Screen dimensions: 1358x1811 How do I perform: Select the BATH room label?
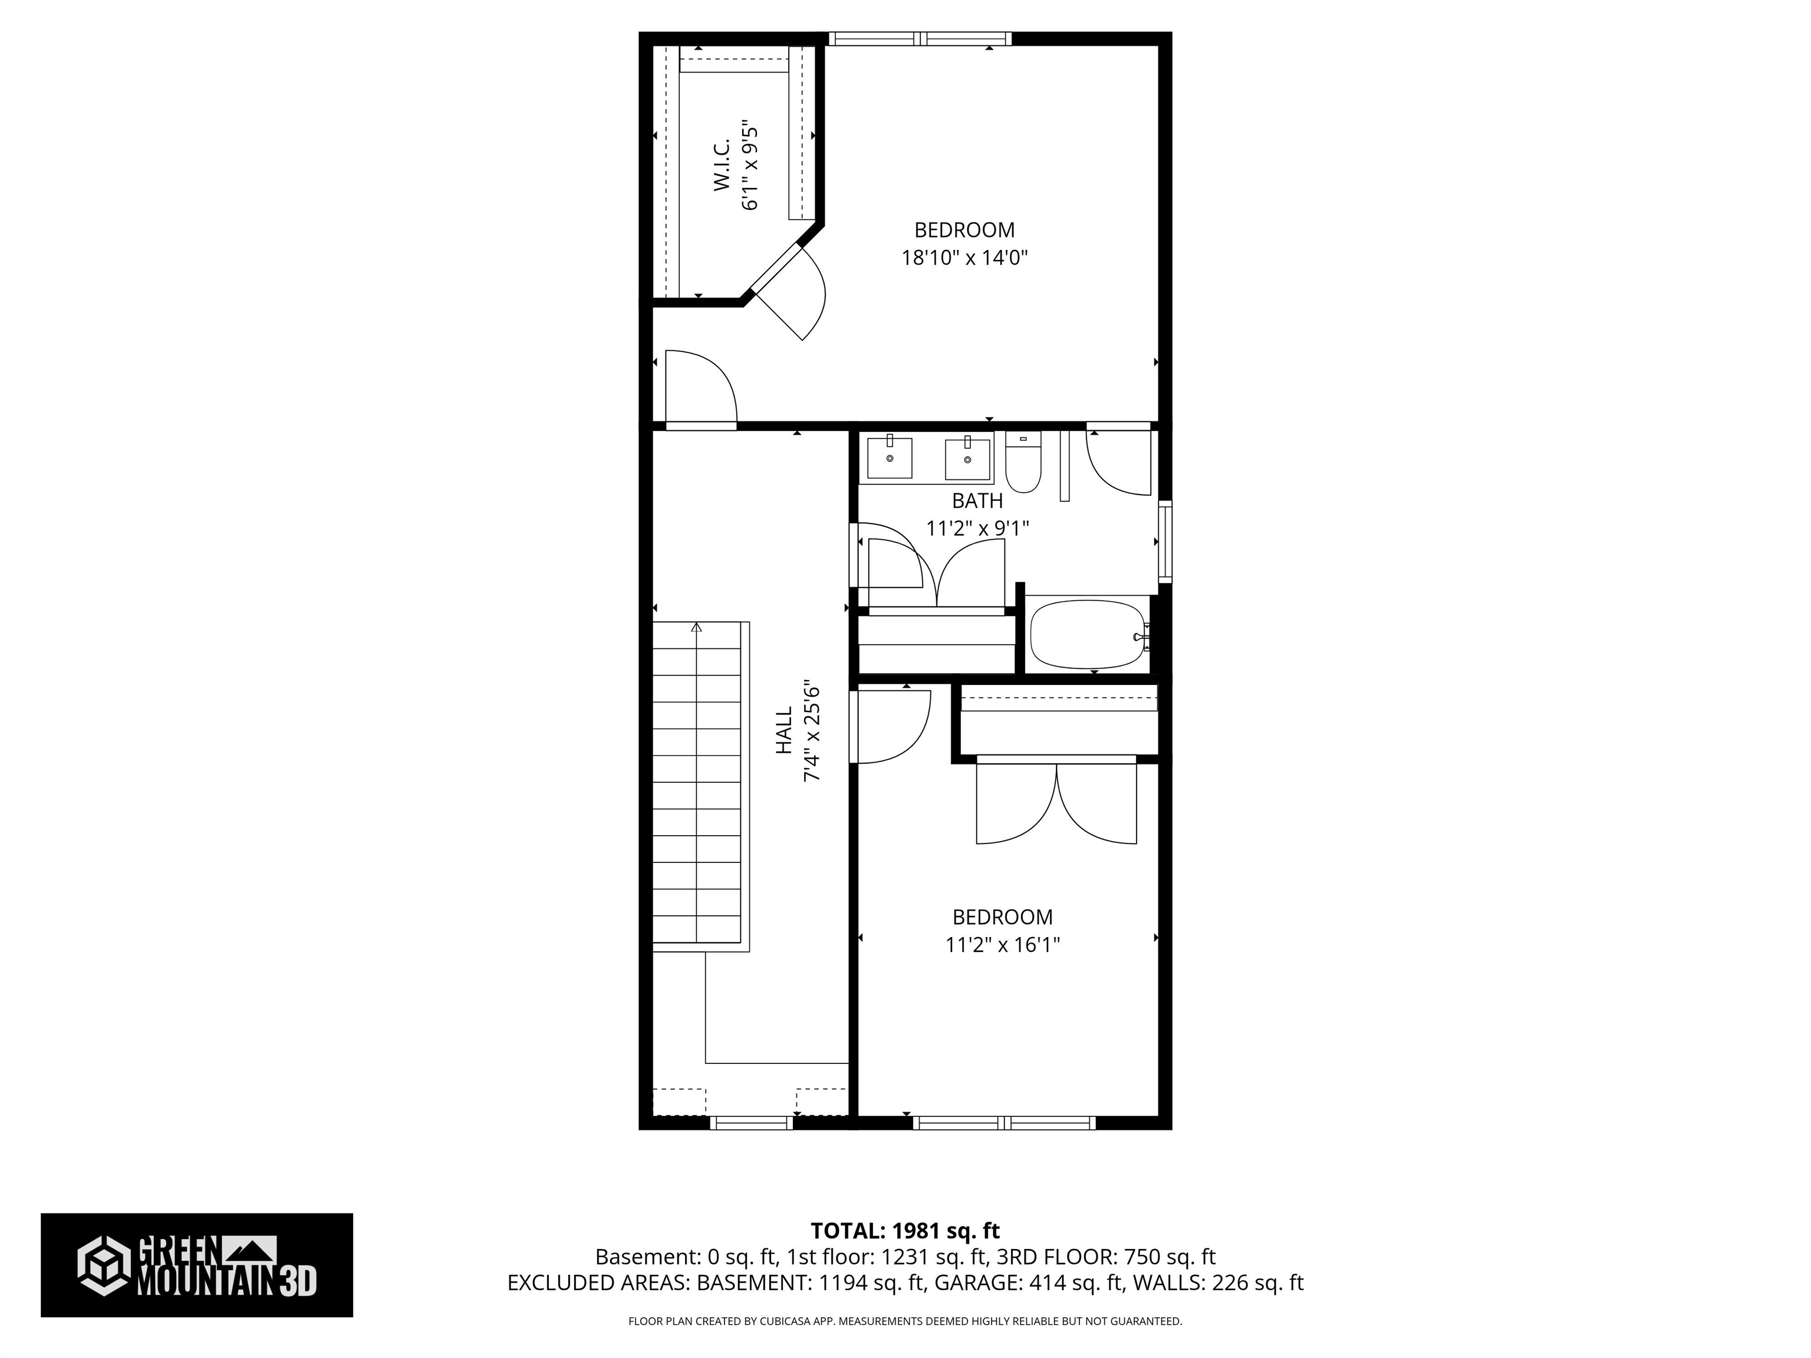[x=977, y=500]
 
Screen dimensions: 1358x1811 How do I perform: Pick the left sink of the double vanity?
[x=889, y=459]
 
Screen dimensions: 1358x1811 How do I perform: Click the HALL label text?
[x=784, y=731]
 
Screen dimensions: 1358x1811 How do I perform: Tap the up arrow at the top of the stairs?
[x=697, y=628]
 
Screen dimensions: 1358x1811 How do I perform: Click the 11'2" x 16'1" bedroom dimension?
[x=1002, y=945]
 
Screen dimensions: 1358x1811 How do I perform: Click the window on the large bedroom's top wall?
[x=920, y=38]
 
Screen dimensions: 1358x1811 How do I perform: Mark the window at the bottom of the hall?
[x=751, y=1123]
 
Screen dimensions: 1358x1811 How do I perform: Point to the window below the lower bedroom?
[x=1004, y=1123]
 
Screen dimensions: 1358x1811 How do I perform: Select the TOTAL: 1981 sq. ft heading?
[x=905, y=1230]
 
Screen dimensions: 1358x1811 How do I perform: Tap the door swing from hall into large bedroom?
[x=701, y=389]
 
